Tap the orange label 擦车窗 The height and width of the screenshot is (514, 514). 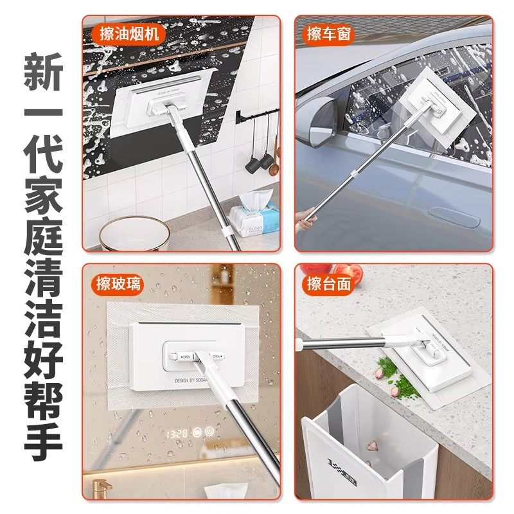point(329,34)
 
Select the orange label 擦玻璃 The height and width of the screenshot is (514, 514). point(116,282)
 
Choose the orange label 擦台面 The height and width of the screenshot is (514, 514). point(330,283)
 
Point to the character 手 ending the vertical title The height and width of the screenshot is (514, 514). point(42,441)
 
